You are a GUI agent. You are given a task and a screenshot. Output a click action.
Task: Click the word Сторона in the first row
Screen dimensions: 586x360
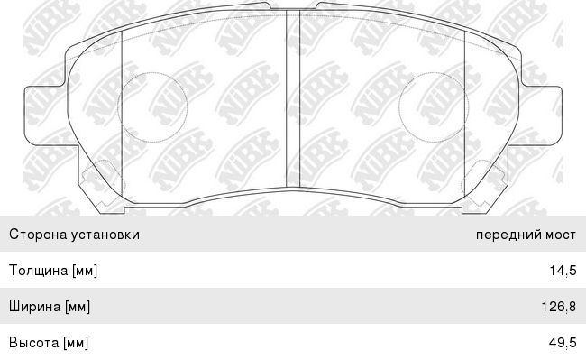[x=39, y=235]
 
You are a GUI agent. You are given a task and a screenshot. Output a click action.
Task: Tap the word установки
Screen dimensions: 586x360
[x=105, y=235]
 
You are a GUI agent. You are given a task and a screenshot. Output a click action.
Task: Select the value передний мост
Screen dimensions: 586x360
[x=526, y=235]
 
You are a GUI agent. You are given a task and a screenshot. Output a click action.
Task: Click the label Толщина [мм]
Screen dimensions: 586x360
[x=53, y=271]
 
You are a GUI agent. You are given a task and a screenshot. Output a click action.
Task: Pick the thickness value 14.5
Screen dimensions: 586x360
[x=563, y=271]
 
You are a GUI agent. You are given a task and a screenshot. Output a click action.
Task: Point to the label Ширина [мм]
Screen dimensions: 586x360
[x=50, y=307]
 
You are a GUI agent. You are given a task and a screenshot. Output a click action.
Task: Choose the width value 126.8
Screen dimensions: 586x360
[x=559, y=307]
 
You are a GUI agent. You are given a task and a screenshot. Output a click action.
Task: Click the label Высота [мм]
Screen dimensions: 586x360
[x=49, y=343]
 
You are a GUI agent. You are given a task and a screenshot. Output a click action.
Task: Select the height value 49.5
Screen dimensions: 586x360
[x=563, y=343]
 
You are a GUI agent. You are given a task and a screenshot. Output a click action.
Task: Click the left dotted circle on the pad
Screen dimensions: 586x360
[x=152, y=72]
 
